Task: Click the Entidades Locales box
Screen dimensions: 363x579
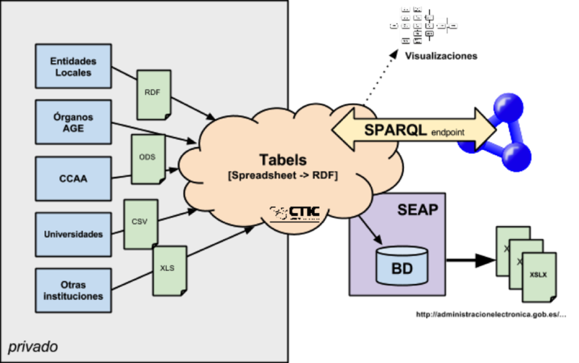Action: click(x=73, y=67)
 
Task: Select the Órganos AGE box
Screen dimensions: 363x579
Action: click(x=73, y=122)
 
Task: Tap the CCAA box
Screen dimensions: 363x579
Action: click(x=73, y=178)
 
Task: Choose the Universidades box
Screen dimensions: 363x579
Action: click(x=73, y=234)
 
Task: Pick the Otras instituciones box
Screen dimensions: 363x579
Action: click(x=73, y=290)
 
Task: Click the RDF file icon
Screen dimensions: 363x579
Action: click(x=153, y=93)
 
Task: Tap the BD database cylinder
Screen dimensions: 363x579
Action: click(x=402, y=266)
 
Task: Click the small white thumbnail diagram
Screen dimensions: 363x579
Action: click(x=423, y=25)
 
